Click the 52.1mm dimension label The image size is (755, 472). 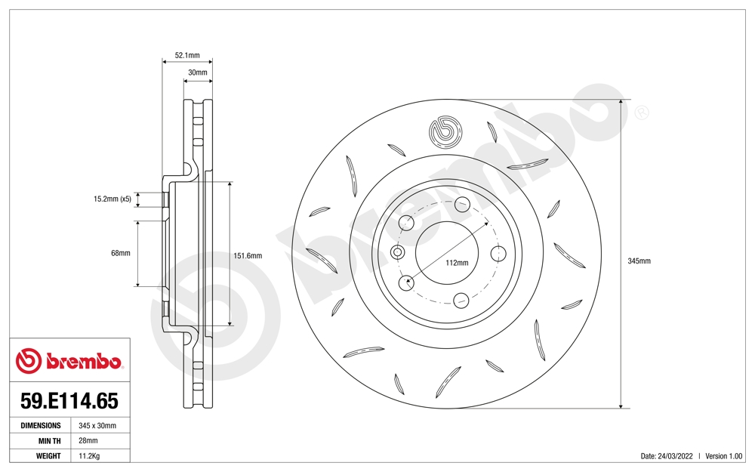187,55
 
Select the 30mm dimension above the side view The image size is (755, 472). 198,72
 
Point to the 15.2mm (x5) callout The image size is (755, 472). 112,199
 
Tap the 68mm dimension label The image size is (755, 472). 120,253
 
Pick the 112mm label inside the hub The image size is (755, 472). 457,263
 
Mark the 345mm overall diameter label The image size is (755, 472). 639,261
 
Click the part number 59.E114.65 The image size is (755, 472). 69,400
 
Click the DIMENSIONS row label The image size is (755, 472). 40,426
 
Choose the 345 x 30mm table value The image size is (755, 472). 97,426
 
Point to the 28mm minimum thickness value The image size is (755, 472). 88,441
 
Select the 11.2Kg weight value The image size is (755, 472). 90,456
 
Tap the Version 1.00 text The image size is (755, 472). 724,456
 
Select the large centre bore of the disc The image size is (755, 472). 446,253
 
